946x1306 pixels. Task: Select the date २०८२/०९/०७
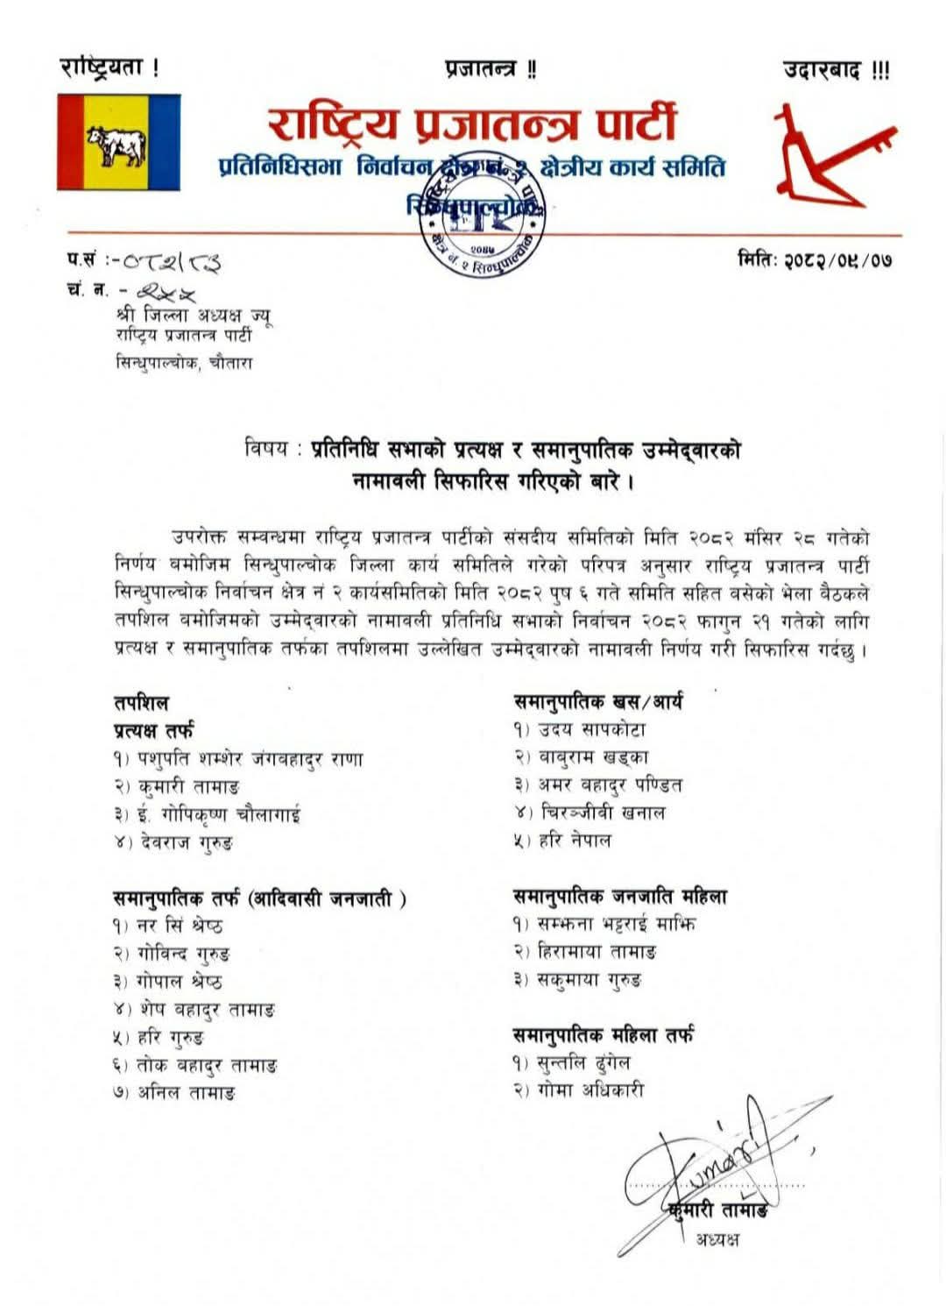coord(815,259)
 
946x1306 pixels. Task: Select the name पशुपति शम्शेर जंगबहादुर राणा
coord(250,759)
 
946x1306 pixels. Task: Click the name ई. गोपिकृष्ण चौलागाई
coord(219,815)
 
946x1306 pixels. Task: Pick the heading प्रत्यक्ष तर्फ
coord(153,730)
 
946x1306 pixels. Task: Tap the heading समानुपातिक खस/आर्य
coord(598,701)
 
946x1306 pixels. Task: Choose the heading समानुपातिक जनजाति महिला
coord(620,897)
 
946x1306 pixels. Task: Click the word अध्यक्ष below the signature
coord(717,1239)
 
